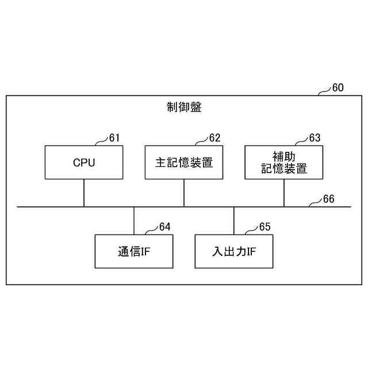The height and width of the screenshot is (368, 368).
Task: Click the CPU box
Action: point(84,162)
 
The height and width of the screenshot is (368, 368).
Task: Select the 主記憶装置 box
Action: point(184,162)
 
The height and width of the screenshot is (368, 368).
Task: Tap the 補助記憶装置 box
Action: point(284,162)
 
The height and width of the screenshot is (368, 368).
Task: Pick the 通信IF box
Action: point(134,251)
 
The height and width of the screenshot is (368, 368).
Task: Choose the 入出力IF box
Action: point(234,251)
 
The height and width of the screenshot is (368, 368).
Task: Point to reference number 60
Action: point(338,88)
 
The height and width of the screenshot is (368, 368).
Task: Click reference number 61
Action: point(114,138)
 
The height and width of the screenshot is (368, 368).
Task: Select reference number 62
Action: point(214,138)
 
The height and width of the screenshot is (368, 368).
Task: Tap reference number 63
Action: point(315,138)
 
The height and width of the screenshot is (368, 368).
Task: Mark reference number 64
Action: point(164,227)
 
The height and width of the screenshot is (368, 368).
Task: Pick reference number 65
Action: point(264,227)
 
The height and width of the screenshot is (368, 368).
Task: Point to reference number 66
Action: point(328,199)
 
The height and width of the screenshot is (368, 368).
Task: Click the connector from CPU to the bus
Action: point(84,193)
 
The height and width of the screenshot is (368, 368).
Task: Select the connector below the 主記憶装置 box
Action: point(184,193)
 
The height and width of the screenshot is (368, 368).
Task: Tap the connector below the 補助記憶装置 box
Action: point(284,193)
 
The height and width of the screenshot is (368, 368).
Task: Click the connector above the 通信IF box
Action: point(134,221)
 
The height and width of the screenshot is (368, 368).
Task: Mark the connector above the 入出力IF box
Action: point(234,221)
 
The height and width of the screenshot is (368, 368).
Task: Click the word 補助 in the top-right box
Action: point(284,156)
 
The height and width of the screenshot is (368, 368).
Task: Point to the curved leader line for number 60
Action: point(325,91)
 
